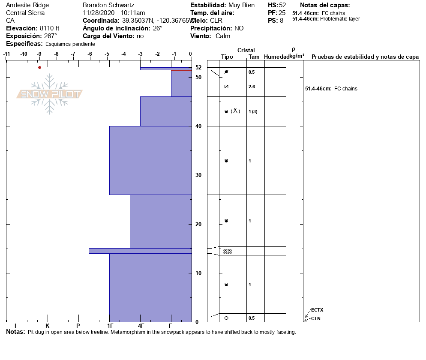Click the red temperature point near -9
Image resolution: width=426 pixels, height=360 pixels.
coord(39,67)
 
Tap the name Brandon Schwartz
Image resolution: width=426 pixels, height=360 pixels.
coord(108,5)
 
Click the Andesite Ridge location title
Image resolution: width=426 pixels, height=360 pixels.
coord(27,5)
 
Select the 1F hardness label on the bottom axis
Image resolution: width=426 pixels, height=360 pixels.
coord(110,326)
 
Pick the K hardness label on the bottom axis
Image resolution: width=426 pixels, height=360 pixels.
coord(48,326)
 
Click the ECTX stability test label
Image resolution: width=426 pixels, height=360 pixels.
coord(317,310)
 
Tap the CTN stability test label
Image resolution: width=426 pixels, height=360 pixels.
coord(315,318)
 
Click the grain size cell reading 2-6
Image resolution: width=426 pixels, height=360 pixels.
coord(252,87)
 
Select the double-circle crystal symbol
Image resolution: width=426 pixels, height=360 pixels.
coord(228,252)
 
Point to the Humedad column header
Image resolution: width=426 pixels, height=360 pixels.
coord(276,57)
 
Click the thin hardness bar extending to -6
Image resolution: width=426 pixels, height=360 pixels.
coord(140,251)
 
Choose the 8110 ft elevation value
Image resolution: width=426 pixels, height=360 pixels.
coord(48,28)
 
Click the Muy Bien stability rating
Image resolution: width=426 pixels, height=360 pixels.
coord(241,5)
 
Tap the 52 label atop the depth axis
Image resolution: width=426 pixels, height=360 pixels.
coord(198,67)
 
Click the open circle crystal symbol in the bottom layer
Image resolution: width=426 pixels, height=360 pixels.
coord(226,318)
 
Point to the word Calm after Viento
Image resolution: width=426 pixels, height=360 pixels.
coord(223,36)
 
